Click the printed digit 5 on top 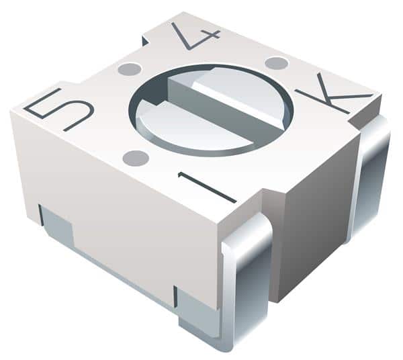pyautogui.click(x=58, y=109)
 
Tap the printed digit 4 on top pyautogui.click(x=195, y=36)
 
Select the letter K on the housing pyautogui.click(x=334, y=94)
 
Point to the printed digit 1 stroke pyautogui.click(x=207, y=187)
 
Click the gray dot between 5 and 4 pyautogui.click(x=130, y=69)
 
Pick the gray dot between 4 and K pyautogui.click(x=276, y=63)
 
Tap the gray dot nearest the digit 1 pyautogui.click(x=136, y=158)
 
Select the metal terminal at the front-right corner pyautogui.click(x=245, y=280)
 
